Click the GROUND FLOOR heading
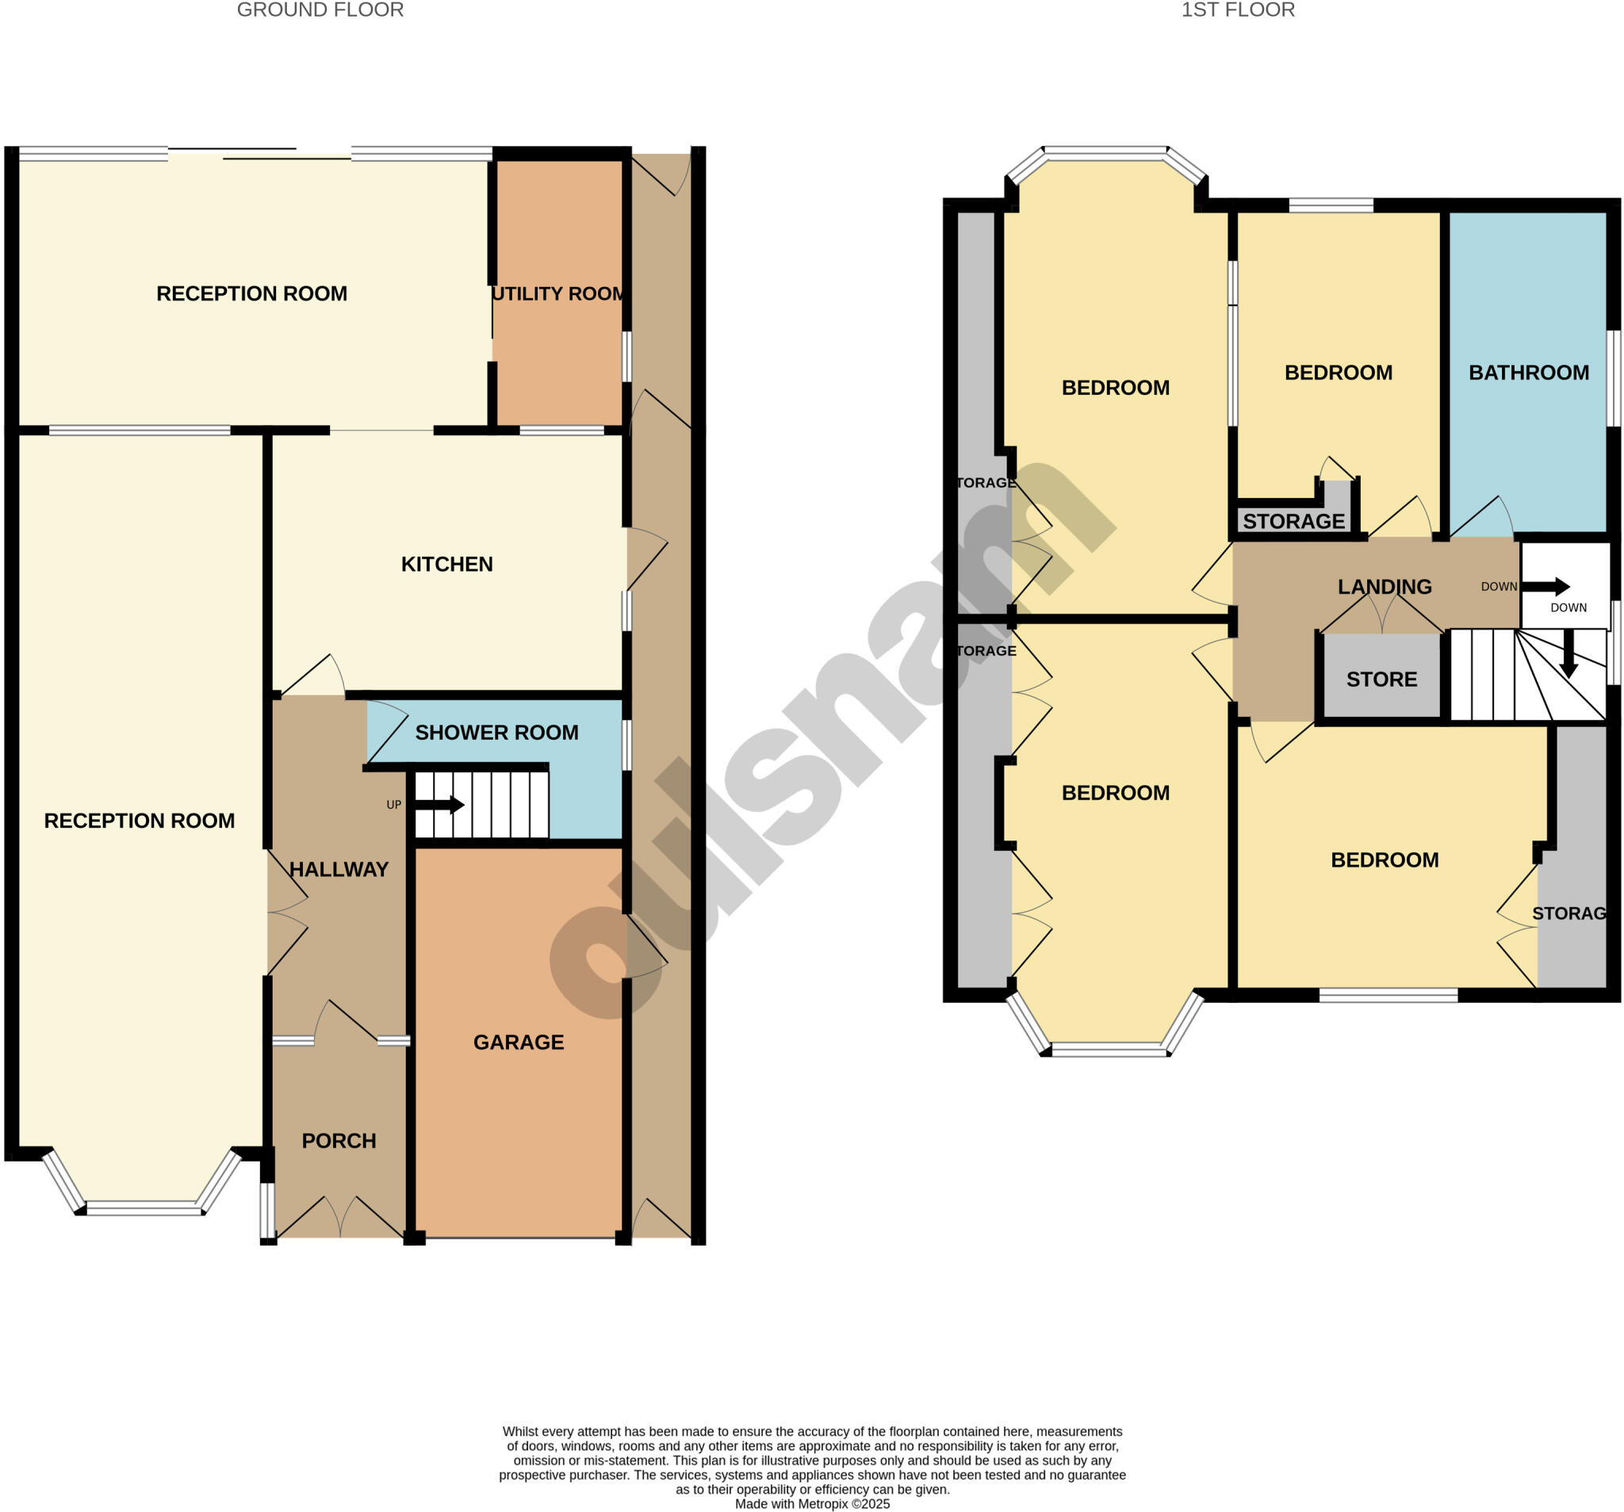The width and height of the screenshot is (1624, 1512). (320, 10)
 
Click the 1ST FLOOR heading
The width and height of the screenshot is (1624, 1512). (1238, 10)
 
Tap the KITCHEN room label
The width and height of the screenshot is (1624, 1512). (447, 565)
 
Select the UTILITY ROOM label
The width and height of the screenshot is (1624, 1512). (559, 294)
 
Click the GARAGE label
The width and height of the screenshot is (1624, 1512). (519, 1043)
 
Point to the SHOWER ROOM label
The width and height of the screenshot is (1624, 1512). (496, 733)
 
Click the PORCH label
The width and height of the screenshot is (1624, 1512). (339, 1141)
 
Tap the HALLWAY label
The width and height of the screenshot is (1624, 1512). (339, 870)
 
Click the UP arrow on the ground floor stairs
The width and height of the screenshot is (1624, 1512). (440, 806)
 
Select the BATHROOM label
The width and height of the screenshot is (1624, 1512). (1528, 373)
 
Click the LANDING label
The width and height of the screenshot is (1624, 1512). (1385, 588)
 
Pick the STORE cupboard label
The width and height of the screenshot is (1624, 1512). (1381, 679)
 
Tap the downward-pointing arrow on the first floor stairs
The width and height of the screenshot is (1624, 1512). (1568, 654)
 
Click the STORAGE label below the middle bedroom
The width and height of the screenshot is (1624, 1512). (1294, 522)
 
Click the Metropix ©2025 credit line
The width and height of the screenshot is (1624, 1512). (812, 1504)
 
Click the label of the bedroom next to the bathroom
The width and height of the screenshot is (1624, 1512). (1338, 373)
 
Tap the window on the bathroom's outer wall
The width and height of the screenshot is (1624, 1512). (1613, 378)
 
